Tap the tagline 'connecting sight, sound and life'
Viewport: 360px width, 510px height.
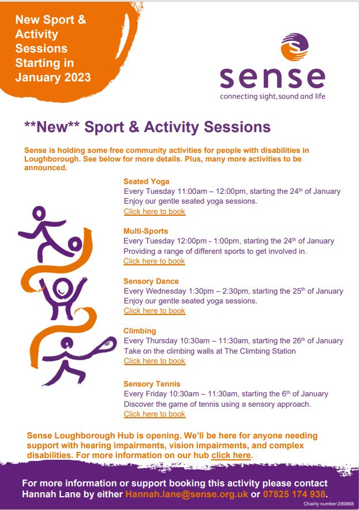pyautogui.click(x=272, y=96)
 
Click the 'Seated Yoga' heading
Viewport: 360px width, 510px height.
pyautogui.click(x=147, y=182)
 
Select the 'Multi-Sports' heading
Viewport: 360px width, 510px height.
pyautogui.click(x=146, y=231)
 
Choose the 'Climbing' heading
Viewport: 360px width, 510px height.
pyautogui.click(x=140, y=331)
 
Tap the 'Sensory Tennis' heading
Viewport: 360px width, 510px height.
pyautogui.click(x=152, y=384)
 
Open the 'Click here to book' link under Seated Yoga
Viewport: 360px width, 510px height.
pyautogui.click(x=155, y=212)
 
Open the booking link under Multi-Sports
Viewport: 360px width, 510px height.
pyautogui.click(x=155, y=261)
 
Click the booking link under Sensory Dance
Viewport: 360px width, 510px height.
pyautogui.click(x=155, y=311)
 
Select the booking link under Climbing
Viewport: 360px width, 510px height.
pyautogui.click(x=155, y=361)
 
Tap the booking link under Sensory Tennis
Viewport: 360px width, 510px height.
pyautogui.click(x=155, y=414)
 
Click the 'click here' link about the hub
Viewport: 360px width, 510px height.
pyautogui.click(x=231, y=455)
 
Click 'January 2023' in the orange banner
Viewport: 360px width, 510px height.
pyautogui.click(x=52, y=77)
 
